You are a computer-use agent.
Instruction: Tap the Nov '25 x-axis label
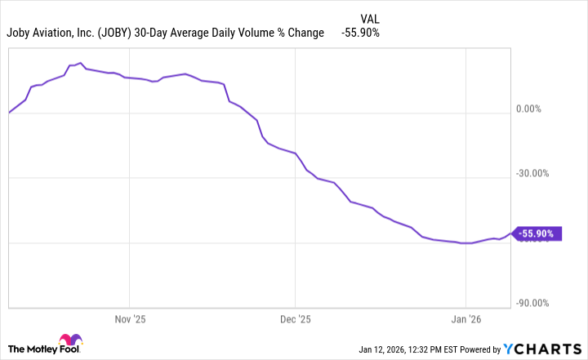[x=129, y=318]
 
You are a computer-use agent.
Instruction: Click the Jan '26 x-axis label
[x=465, y=318]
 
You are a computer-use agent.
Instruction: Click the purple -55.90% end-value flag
[x=537, y=233]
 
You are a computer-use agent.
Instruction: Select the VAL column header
[x=369, y=18]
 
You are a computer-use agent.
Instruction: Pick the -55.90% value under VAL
[x=359, y=33]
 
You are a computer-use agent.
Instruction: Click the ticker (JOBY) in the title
[x=118, y=33]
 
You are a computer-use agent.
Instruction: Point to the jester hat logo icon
[x=69, y=341]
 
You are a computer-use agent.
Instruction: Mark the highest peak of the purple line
[x=79, y=63]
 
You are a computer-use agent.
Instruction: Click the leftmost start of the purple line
[x=9, y=113]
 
